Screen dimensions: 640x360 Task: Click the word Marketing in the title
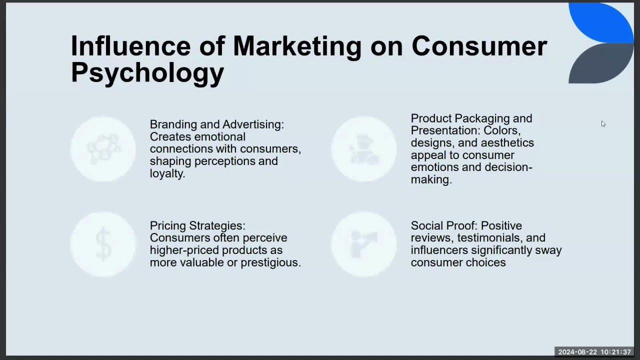tap(297, 47)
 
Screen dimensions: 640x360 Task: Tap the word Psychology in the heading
tap(147, 73)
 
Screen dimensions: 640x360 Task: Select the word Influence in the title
tap(131, 46)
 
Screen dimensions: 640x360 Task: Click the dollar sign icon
tap(103, 244)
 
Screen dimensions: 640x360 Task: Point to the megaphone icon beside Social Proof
tap(363, 244)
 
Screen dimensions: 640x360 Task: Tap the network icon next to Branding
tap(103, 149)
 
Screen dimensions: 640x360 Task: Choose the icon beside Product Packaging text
tap(364, 149)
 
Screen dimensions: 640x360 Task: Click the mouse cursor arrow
tap(603, 124)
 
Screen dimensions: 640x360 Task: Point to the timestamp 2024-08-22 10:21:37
tap(594, 352)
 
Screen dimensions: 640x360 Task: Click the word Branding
tap(173, 125)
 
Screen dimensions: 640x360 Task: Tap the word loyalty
tap(167, 173)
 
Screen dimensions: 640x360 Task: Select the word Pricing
tap(168, 226)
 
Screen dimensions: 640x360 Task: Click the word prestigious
tap(271, 263)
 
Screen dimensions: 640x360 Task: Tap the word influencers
tap(439, 250)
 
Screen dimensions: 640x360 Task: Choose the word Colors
tap(502, 131)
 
